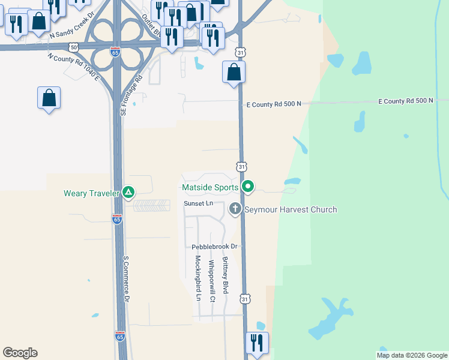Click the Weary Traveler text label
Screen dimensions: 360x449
point(92,193)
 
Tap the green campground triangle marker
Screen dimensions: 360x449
point(128,193)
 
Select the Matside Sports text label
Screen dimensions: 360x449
point(210,188)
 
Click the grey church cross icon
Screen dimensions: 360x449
point(235,209)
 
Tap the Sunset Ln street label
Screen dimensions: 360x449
point(198,204)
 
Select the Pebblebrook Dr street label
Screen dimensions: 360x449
point(215,247)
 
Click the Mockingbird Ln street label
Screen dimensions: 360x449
point(197,278)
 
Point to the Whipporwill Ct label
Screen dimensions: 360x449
point(211,281)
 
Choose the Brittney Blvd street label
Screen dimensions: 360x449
point(225,275)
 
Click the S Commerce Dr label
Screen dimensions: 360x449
point(127,280)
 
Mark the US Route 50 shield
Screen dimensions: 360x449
point(73,47)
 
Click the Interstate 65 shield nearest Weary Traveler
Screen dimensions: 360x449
point(117,220)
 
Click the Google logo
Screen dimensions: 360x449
point(20,353)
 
